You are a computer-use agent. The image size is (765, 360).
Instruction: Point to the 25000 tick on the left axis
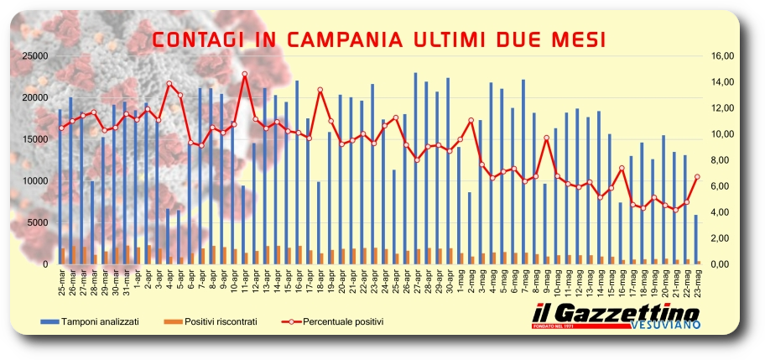(x=35, y=55)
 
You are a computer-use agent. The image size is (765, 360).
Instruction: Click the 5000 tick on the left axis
(x=38, y=222)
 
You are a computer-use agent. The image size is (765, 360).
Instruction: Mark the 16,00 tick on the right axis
(x=723, y=55)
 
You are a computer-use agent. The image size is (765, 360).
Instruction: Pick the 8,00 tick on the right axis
(x=723, y=160)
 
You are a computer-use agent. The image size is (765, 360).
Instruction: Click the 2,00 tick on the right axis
(x=723, y=238)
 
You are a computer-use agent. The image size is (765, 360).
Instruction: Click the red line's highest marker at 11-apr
(x=244, y=74)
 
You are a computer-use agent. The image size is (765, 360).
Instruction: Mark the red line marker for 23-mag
(x=696, y=176)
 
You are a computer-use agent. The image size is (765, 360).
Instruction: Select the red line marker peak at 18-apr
(x=320, y=90)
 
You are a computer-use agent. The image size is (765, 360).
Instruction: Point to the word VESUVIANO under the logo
(x=663, y=325)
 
